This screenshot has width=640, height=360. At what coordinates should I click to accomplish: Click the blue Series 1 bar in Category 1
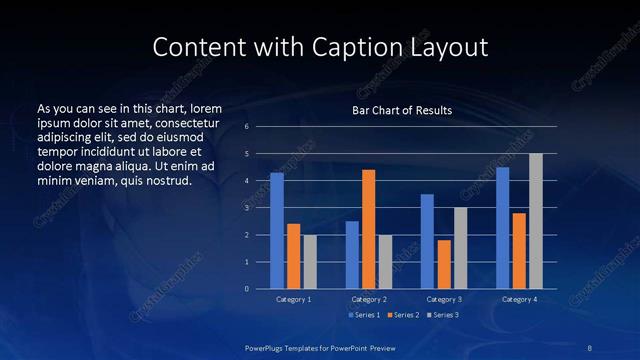tap(277, 231)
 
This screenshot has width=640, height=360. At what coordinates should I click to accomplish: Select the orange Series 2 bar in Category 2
tap(368, 229)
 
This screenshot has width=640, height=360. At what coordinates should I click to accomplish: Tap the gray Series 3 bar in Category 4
tap(535, 221)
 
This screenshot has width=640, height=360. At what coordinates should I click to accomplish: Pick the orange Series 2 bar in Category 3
tap(443, 264)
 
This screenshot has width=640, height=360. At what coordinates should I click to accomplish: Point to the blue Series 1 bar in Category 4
tap(502, 228)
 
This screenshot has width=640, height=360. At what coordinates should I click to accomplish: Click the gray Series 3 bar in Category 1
tap(310, 262)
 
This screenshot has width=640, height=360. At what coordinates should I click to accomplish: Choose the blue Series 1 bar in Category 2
tap(352, 255)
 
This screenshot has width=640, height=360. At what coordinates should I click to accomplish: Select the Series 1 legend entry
tap(364, 315)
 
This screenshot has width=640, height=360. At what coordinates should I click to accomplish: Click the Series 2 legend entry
tap(404, 315)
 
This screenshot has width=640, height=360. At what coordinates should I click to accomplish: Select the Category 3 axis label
tap(443, 299)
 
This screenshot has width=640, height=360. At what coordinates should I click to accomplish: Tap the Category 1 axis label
tap(293, 299)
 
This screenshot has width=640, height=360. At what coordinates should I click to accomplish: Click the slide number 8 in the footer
tap(588, 347)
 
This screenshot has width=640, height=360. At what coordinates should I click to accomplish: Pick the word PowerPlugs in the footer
tap(267, 347)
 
